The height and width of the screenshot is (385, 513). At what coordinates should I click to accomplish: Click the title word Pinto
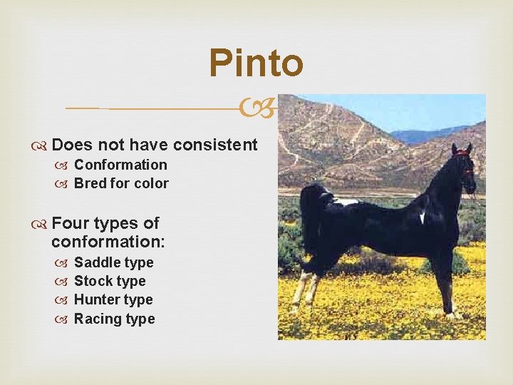pyautogui.click(x=256, y=63)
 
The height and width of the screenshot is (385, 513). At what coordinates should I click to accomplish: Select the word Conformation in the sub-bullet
pyautogui.click(x=120, y=165)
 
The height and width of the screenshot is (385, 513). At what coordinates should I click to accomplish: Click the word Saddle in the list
pyautogui.click(x=92, y=262)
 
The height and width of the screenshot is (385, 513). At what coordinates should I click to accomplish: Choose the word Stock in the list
pyautogui.click(x=91, y=281)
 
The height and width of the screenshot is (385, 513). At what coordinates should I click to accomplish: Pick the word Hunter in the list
pyautogui.click(x=93, y=299)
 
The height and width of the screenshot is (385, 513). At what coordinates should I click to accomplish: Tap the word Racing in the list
pyautogui.click(x=93, y=319)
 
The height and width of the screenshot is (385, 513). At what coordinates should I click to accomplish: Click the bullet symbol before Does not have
pyautogui.click(x=41, y=145)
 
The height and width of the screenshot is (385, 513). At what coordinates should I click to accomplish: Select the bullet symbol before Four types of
pyautogui.click(x=41, y=224)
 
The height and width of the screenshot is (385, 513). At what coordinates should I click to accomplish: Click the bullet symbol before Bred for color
pyautogui.click(x=63, y=184)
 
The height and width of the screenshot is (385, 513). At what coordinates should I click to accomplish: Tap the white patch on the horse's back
pyautogui.click(x=346, y=202)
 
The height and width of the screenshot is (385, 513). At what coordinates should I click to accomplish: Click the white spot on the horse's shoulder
pyautogui.click(x=423, y=216)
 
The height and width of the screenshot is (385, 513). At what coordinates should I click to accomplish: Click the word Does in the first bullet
pyautogui.click(x=72, y=145)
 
